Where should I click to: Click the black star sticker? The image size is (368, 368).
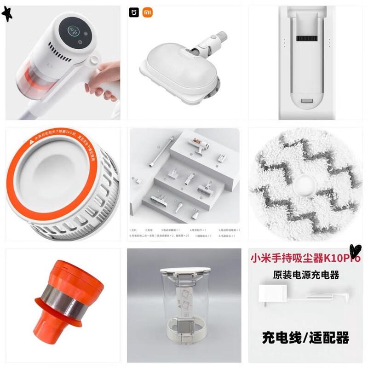click(x=7, y=14)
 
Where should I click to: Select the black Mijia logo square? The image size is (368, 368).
click(x=134, y=12)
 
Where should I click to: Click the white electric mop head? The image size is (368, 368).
click(x=177, y=69)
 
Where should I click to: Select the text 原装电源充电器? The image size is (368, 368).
click(x=305, y=275)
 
